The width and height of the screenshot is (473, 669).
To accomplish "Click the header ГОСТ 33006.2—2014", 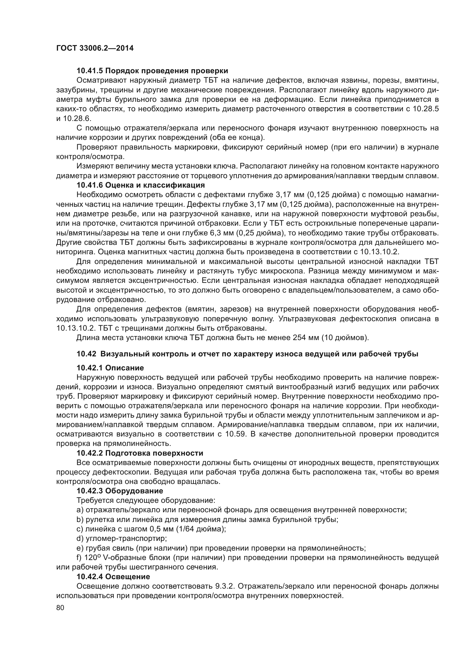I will click(95, 48).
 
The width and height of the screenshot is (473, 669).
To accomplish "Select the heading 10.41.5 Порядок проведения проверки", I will click(152, 71).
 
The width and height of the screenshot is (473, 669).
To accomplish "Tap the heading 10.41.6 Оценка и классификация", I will click(141, 185).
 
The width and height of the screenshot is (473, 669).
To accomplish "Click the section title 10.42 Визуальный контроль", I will click(247, 354).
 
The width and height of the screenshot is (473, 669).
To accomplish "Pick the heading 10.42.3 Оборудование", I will click(120, 491).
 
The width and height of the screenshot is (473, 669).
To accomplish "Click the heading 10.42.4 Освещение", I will click(113, 577).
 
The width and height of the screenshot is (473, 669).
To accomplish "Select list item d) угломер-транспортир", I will click(122, 539).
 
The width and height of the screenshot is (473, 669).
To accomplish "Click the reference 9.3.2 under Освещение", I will click(226, 586).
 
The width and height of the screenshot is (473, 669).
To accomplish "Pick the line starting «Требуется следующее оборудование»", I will click(146, 501).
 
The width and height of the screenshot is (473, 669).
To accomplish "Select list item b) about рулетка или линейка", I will click(207, 519).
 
